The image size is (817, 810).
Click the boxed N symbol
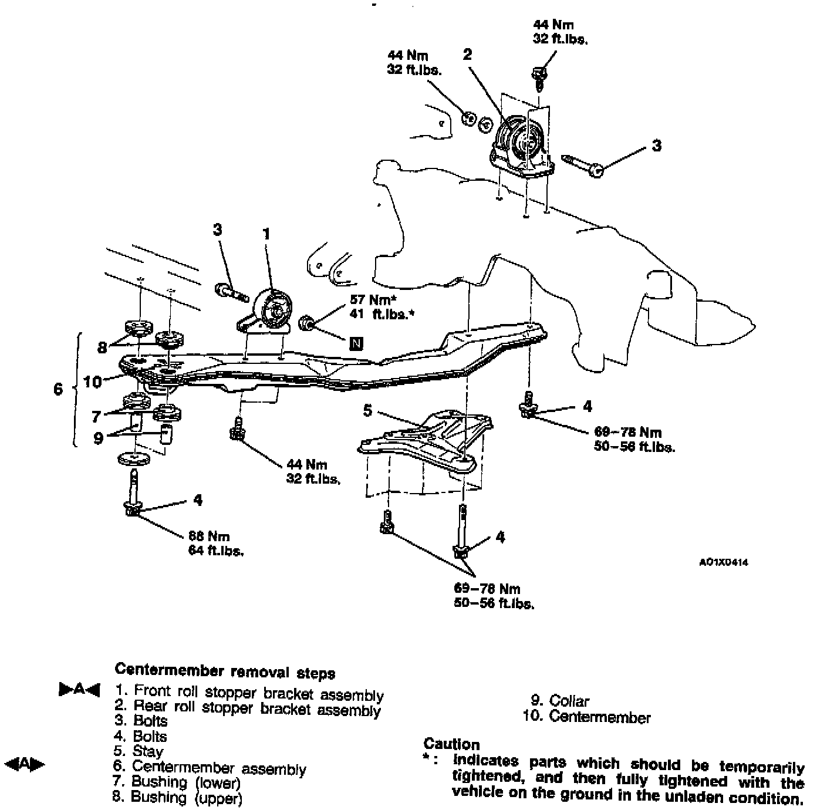[356, 343]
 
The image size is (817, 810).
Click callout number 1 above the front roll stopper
[266, 234]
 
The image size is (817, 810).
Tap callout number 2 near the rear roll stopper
[467, 55]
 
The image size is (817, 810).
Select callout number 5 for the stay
[367, 410]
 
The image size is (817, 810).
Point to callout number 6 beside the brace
[58, 389]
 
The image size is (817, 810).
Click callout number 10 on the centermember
[93, 382]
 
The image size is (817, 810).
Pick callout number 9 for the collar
[98, 438]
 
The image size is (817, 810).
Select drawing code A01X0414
[724, 562]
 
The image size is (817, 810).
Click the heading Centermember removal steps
[225, 671]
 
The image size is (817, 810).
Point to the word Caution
[451, 744]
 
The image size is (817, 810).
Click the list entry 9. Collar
[560, 700]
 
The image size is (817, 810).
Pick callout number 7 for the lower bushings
[96, 416]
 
